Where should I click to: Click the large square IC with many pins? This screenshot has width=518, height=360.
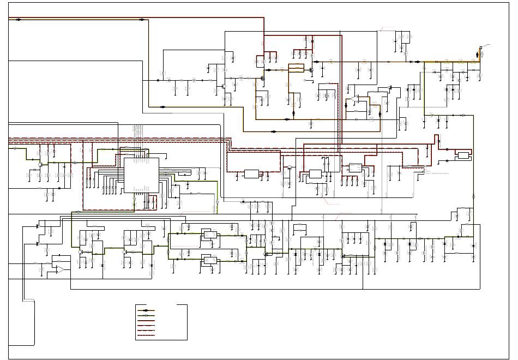coord(141,175)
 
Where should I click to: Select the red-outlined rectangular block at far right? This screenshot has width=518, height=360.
coord(463,155)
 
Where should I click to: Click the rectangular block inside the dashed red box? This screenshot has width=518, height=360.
coord(251,174)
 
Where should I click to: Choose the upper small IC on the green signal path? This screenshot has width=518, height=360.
coord(209,235)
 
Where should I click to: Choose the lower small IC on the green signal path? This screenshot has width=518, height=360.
coord(209,260)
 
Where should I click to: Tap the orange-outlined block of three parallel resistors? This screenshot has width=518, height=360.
coord(296,68)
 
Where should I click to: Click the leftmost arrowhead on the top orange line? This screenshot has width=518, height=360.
coord(19,20)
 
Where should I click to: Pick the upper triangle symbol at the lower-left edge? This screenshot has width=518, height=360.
coord(37,225)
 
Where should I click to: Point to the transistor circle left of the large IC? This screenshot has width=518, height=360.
coord(40,163)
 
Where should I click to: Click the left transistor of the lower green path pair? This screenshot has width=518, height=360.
coord(81,251)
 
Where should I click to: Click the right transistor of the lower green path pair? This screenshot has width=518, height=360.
coord(125,251)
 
